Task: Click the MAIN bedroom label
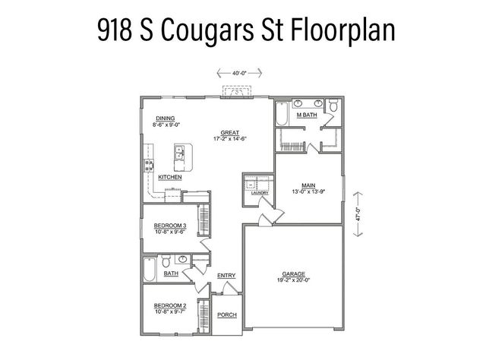point(308,185)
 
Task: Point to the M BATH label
point(307,115)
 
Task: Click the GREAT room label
point(230,131)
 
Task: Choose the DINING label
point(166,118)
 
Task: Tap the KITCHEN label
point(169,177)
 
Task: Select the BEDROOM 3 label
point(170,226)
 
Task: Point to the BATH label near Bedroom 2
point(171,273)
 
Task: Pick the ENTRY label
point(226,276)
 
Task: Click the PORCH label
point(226,315)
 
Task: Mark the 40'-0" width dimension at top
point(240,73)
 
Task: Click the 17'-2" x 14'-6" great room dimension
point(230,138)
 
